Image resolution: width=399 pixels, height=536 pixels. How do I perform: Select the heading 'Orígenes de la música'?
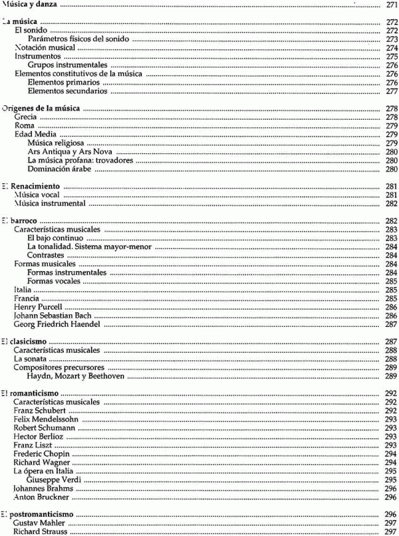42,108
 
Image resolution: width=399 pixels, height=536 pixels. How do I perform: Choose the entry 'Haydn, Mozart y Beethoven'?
72,376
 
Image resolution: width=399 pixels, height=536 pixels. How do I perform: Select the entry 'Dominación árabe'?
61,169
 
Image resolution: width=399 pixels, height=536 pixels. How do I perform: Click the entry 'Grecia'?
25,117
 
